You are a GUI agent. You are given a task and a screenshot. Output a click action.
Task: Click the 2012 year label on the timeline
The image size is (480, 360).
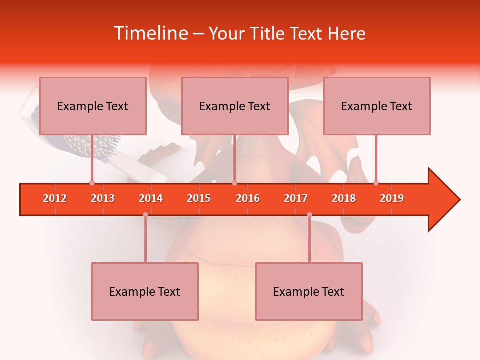pyautogui.click(x=55, y=198)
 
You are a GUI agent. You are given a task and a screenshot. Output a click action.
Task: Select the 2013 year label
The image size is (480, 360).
pyautogui.click(x=103, y=198)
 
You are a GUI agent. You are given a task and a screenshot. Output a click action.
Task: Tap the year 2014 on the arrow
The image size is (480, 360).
pyautogui.click(x=151, y=198)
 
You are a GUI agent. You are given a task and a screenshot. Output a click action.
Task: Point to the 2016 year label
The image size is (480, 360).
pyautogui.click(x=248, y=198)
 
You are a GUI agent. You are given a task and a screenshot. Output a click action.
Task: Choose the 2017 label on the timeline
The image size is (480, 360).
pyautogui.click(x=296, y=198)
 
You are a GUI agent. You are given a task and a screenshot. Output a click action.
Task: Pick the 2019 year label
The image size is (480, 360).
pyautogui.click(x=392, y=198)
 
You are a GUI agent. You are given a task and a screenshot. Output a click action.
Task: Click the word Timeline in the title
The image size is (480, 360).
pyautogui.click(x=149, y=33)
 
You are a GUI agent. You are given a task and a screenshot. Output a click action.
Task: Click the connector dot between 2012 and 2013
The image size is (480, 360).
pyautogui.click(x=92, y=183)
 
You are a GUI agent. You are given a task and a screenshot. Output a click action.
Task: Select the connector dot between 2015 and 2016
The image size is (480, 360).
pyautogui.click(x=234, y=183)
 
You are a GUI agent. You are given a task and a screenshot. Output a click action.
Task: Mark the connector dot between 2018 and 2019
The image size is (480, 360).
pyautogui.click(x=376, y=183)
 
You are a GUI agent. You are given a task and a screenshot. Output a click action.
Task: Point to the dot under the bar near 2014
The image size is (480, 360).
pyautogui.click(x=145, y=215)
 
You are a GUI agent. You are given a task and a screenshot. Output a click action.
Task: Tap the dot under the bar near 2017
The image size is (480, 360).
pyautogui.click(x=309, y=215)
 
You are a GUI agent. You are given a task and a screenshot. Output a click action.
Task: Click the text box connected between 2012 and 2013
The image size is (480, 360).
pyautogui.click(x=93, y=106)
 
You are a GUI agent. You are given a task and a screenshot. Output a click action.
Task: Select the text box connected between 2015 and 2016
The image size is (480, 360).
pyautogui.click(x=235, y=106)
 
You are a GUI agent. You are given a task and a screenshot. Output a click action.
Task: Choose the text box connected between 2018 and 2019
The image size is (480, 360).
pyautogui.click(x=377, y=106)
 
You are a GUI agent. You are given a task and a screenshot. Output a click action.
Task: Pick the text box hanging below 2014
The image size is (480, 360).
pyautogui.click(x=145, y=291)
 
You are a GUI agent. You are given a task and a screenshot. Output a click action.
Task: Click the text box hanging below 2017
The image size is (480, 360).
pyautogui.click(x=309, y=291)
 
